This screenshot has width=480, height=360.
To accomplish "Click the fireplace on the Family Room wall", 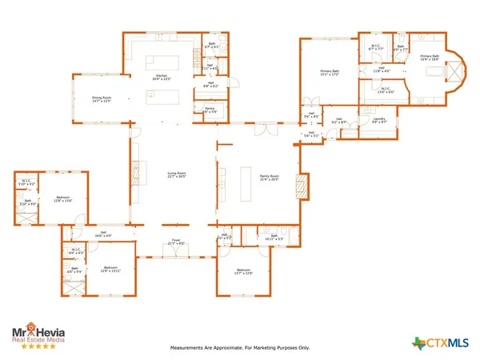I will pos(301,186).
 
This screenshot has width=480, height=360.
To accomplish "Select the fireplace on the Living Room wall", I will pos(134,171).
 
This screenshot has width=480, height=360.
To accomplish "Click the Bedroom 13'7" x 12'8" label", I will pos(244,273).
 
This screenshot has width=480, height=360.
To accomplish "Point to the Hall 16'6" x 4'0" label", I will pos(102,234).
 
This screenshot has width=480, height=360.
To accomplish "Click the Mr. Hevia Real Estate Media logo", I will pos(38,334).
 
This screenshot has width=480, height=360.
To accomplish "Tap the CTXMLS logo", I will pos(442,342).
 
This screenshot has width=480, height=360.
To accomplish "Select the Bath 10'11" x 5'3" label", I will pos(273,237).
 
